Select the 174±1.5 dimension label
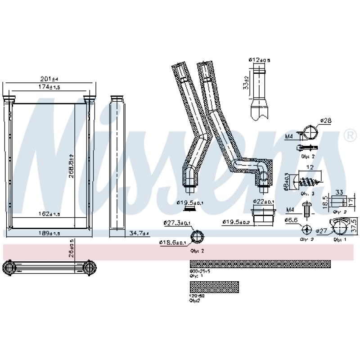coord(49,87)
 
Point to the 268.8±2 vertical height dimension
coord(71,165)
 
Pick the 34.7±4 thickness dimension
coord(139,233)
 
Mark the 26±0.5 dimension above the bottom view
coord(71,248)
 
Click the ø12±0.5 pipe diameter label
coord(259,60)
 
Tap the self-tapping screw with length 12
coord(307,182)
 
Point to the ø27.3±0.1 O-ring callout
coord(177,223)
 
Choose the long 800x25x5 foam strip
coord(260,264)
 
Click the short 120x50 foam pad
coord(214,287)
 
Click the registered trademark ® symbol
coord(349,135)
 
